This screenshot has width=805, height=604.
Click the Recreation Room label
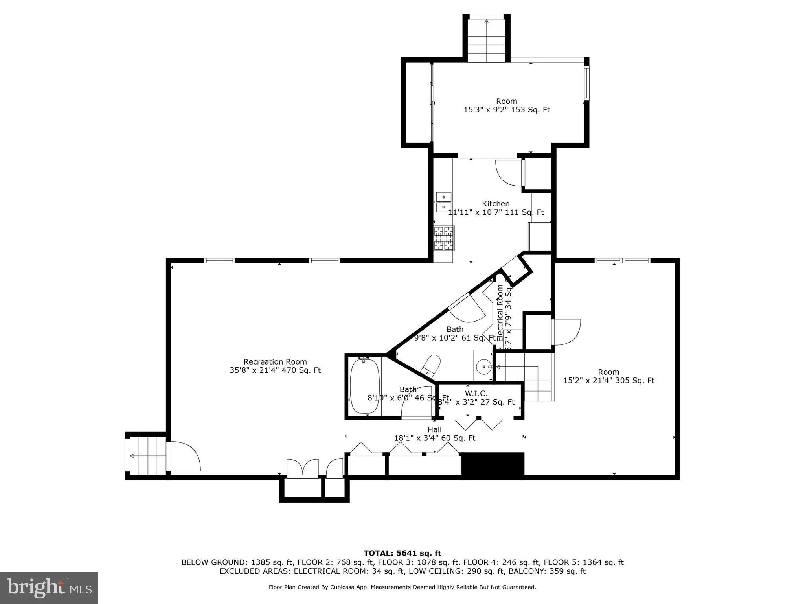tap(275, 361)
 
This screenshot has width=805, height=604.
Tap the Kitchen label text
tap(496, 203)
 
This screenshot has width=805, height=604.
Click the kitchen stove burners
tap(444, 238)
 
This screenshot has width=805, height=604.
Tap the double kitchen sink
tap(443, 201)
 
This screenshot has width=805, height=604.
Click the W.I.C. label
tap(476, 393)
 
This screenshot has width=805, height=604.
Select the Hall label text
tap(434, 429)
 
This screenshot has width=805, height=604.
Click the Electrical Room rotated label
tap(500, 313)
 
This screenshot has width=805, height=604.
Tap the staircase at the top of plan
tap(487, 39)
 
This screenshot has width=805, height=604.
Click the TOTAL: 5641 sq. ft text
tap(402, 553)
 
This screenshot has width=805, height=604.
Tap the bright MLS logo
tap(49, 587)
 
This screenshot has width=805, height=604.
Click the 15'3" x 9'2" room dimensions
tap(506, 110)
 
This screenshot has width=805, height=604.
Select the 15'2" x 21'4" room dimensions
tap(608, 380)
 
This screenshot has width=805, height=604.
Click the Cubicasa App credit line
tap(402, 587)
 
